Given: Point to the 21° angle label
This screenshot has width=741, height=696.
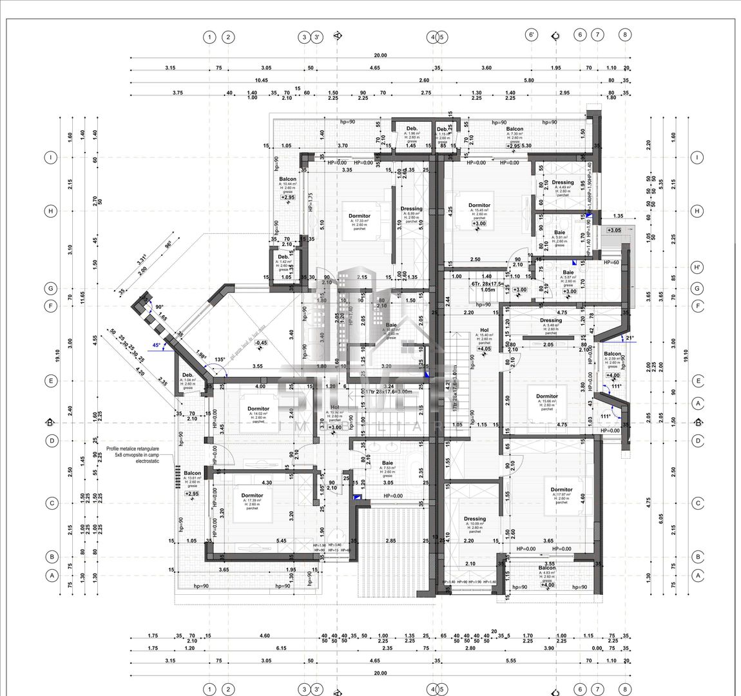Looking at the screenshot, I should (630, 338).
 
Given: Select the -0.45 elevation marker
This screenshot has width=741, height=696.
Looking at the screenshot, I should (261, 343).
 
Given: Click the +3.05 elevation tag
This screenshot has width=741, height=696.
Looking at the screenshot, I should (613, 230).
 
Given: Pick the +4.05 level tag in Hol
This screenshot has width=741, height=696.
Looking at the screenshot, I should (484, 349).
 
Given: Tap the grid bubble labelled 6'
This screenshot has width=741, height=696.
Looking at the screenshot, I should (532, 36).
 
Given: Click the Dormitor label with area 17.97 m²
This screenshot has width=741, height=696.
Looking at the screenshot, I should (561, 490).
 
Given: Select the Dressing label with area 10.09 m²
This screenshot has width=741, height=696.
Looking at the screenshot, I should (474, 519).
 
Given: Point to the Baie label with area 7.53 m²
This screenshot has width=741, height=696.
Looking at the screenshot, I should (387, 463).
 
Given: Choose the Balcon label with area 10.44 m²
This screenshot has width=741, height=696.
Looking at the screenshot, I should (287, 179).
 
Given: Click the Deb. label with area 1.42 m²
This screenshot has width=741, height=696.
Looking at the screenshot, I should (283, 256).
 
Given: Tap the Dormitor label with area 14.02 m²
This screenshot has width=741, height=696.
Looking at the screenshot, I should (258, 409).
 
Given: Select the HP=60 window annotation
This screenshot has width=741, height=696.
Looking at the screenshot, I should (611, 263).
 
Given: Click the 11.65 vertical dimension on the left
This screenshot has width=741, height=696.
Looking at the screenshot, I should (82, 296).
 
